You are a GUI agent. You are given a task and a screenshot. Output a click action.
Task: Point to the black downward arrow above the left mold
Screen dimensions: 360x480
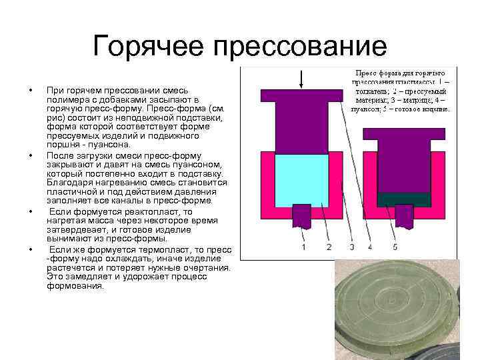click(303, 78)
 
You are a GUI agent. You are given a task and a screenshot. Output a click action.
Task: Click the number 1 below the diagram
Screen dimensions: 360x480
click(304, 247)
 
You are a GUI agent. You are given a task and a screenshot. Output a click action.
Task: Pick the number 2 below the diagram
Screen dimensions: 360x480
click(329, 247)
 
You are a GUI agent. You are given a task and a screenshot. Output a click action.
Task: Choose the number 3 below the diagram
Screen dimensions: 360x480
click(351, 247)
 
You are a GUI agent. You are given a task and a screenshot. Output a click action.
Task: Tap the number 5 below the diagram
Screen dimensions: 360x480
click(395, 247)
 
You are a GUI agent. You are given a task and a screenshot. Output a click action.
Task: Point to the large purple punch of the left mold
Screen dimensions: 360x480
click(303, 120)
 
